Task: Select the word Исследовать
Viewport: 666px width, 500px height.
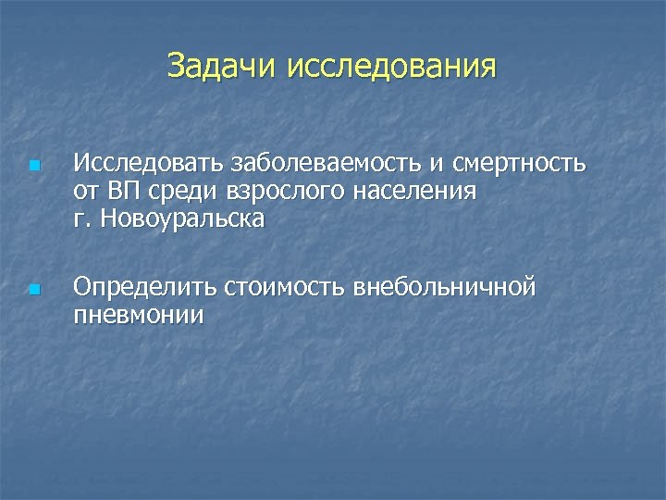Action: (147, 164)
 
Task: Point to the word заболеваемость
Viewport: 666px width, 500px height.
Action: (323, 164)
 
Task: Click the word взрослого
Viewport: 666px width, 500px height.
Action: (282, 193)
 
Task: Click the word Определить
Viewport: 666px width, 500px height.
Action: (145, 288)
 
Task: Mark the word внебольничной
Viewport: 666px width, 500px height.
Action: (444, 287)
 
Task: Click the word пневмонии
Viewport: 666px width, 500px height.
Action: (138, 316)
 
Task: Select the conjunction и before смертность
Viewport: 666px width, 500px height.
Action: (433, 165)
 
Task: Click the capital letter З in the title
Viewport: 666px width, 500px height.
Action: (177, 67)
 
